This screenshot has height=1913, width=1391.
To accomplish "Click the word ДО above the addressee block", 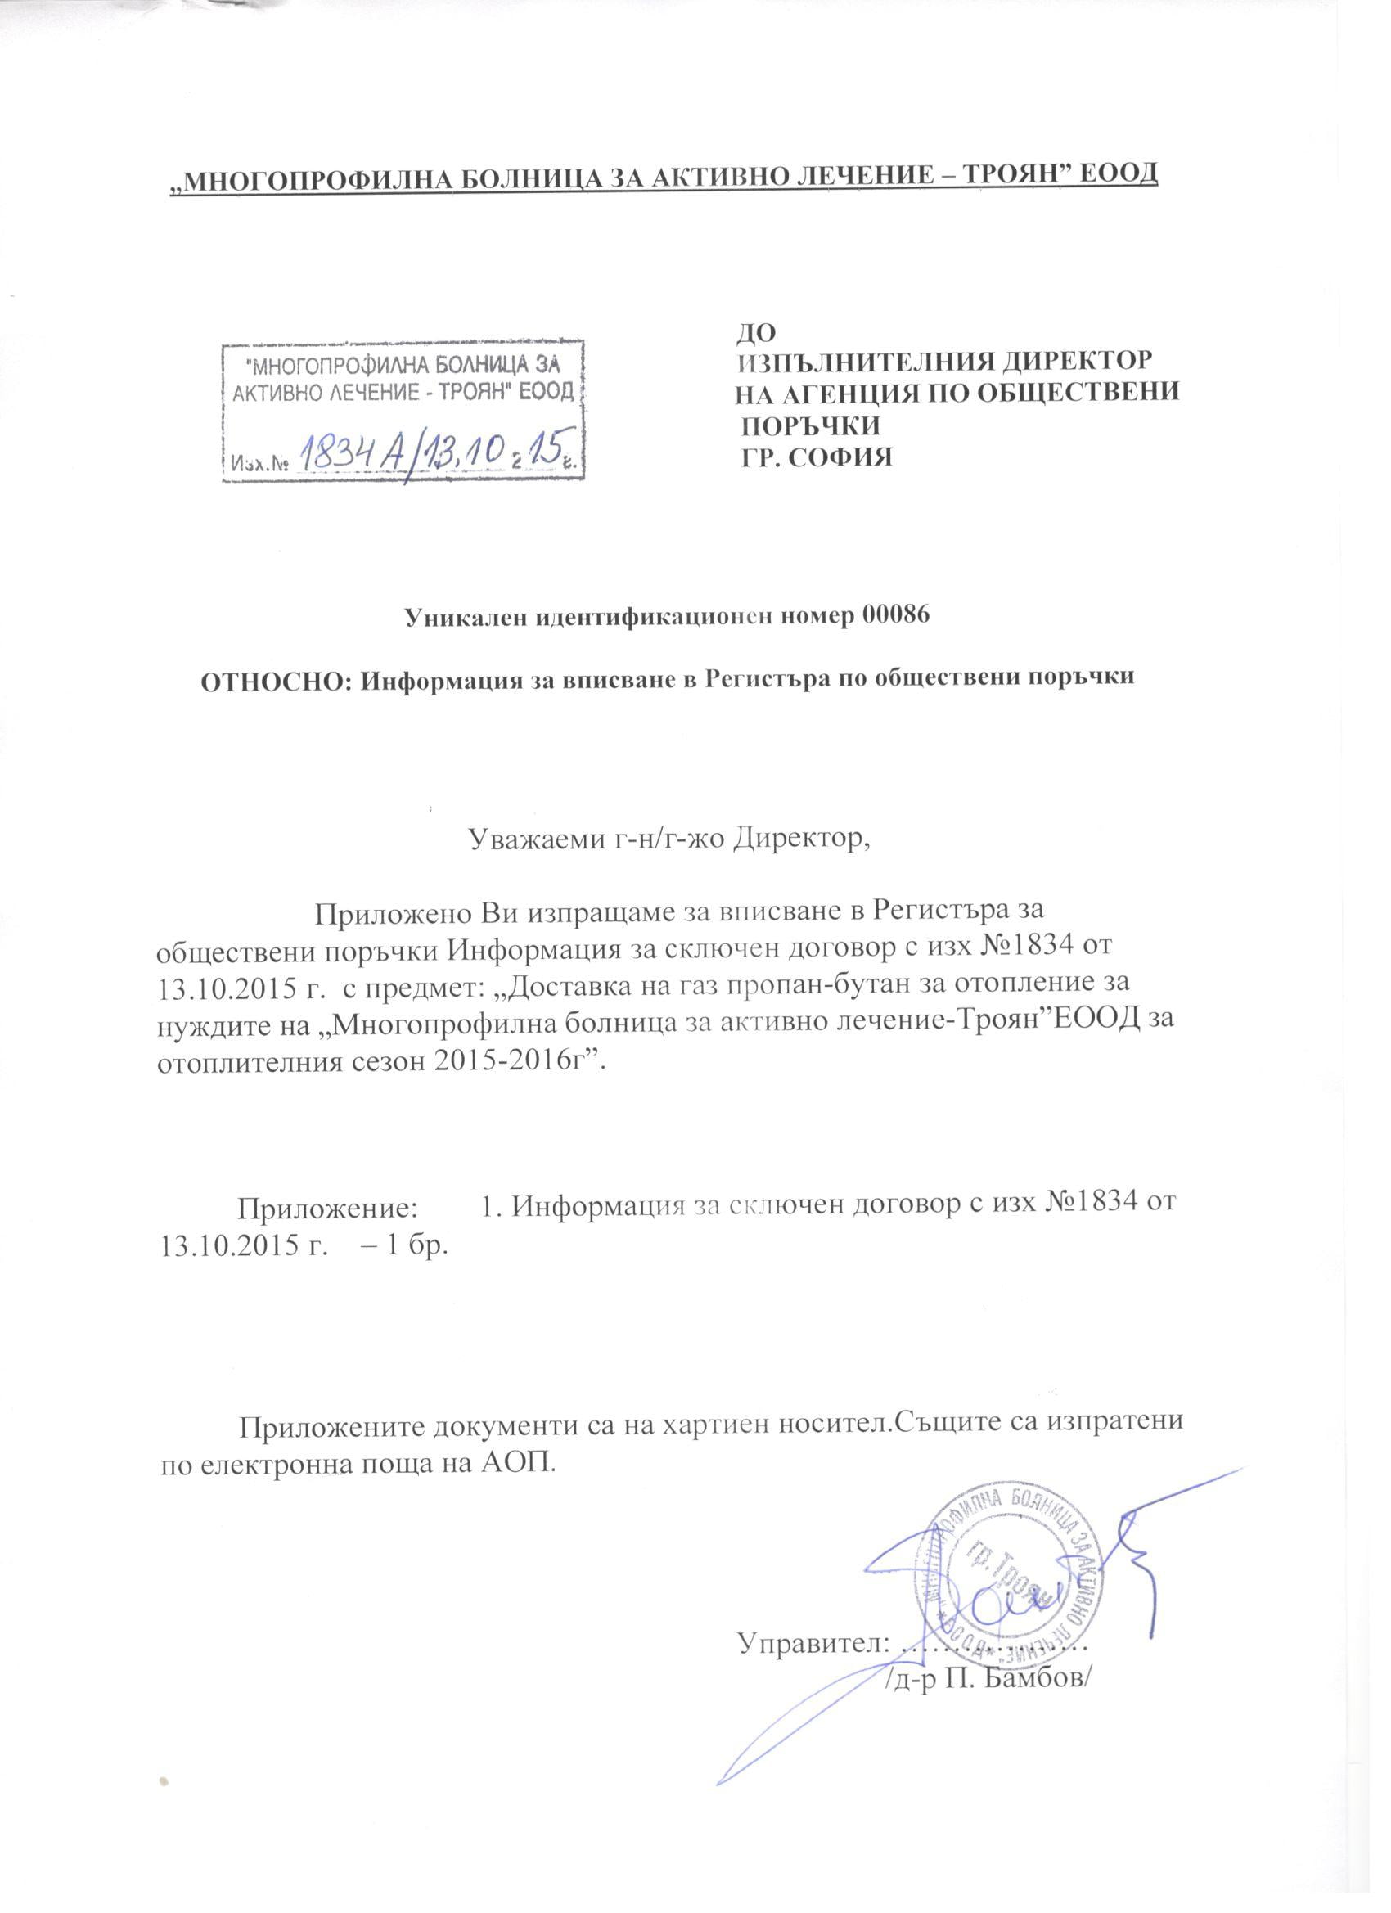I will point(755,333).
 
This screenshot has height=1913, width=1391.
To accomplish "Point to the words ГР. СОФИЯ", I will point(816,457).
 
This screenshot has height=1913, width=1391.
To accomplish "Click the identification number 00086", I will point(895,616).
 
